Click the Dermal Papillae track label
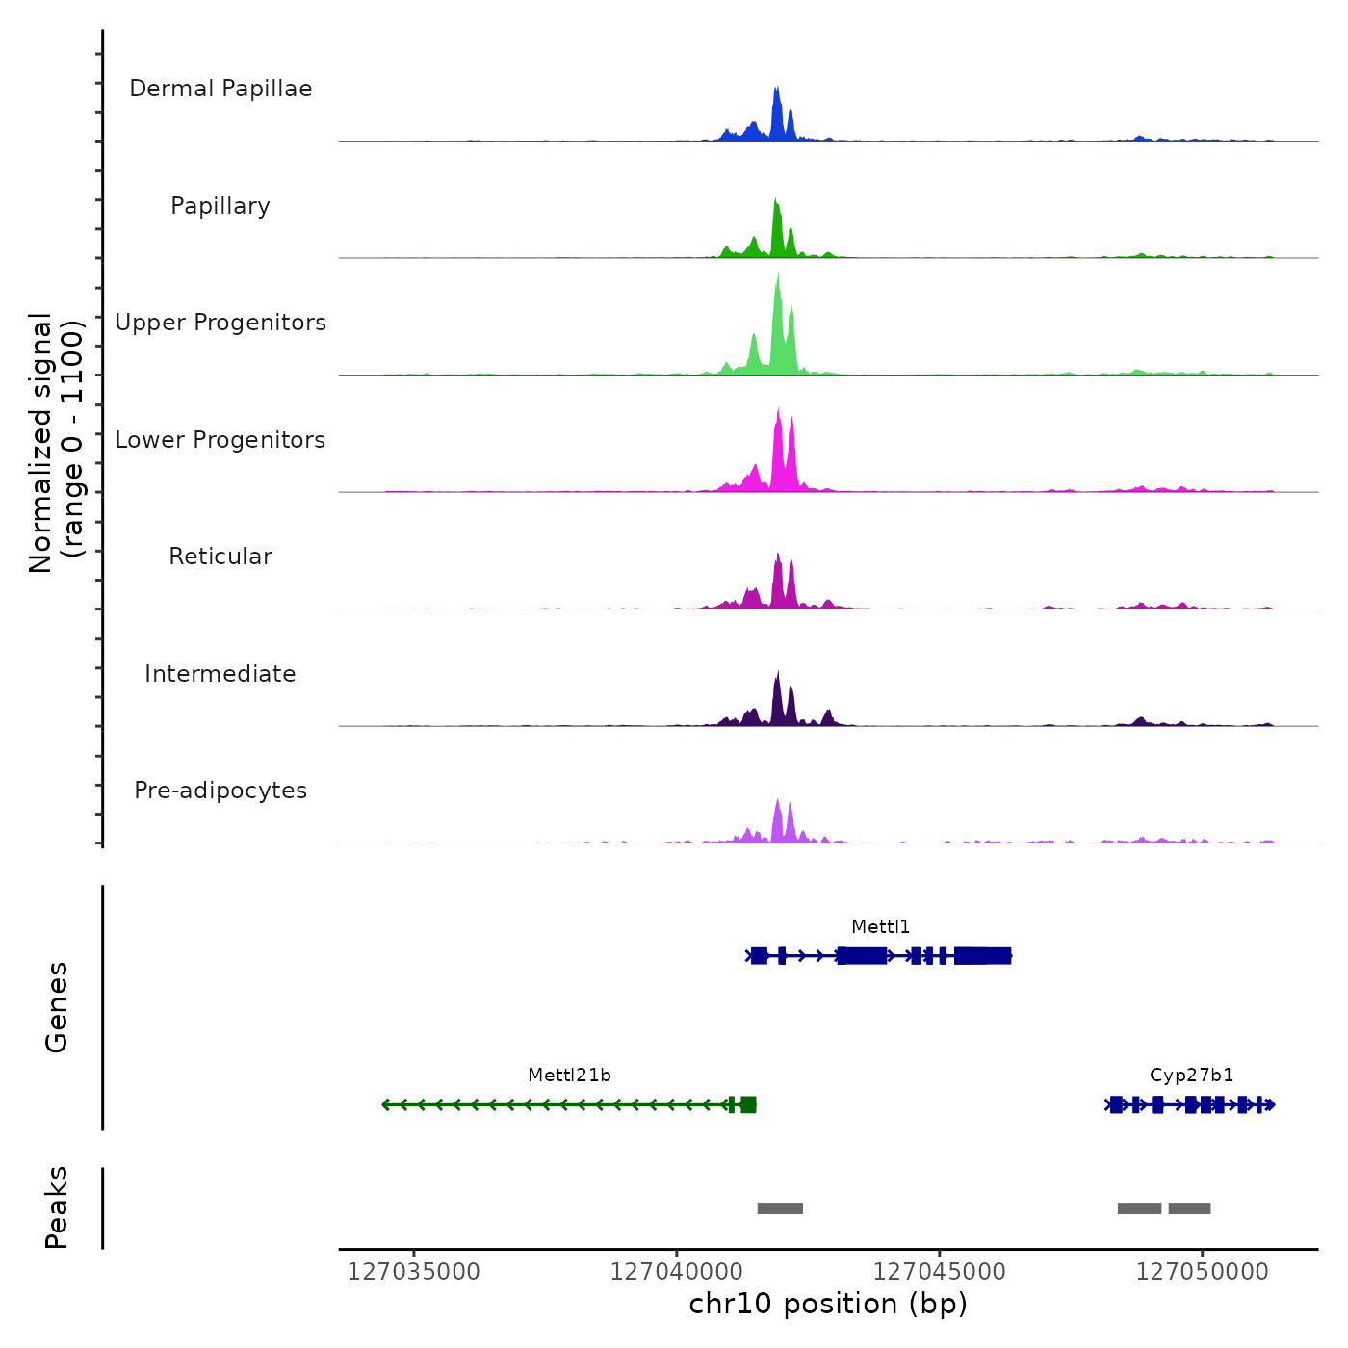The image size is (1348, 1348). pos(220,89)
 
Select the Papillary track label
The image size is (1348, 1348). pos(220,206)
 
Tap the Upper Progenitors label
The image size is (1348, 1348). pos(220,323)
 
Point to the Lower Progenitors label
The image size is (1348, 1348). pos(220,440)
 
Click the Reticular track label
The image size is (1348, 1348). pos(220,557)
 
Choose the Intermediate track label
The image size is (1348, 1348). pos(220,674)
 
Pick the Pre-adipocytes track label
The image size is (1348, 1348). pos(220,791)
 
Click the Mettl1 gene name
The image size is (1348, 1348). pos(880,927)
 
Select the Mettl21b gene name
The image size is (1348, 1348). pos(569,1076)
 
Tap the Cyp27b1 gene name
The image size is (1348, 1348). pos(1191,1076)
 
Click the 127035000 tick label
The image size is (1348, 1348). pos(413,1272)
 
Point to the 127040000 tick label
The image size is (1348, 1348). pos(676,1272)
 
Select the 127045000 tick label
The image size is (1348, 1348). pos(939,1272)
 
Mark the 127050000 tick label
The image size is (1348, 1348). pos(1202,1272)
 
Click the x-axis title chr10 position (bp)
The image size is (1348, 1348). pos(828,1304)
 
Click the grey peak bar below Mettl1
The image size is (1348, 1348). pos(780,1208)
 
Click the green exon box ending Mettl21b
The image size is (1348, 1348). pos(748,1104)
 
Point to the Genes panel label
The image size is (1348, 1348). pos(56,1007)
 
